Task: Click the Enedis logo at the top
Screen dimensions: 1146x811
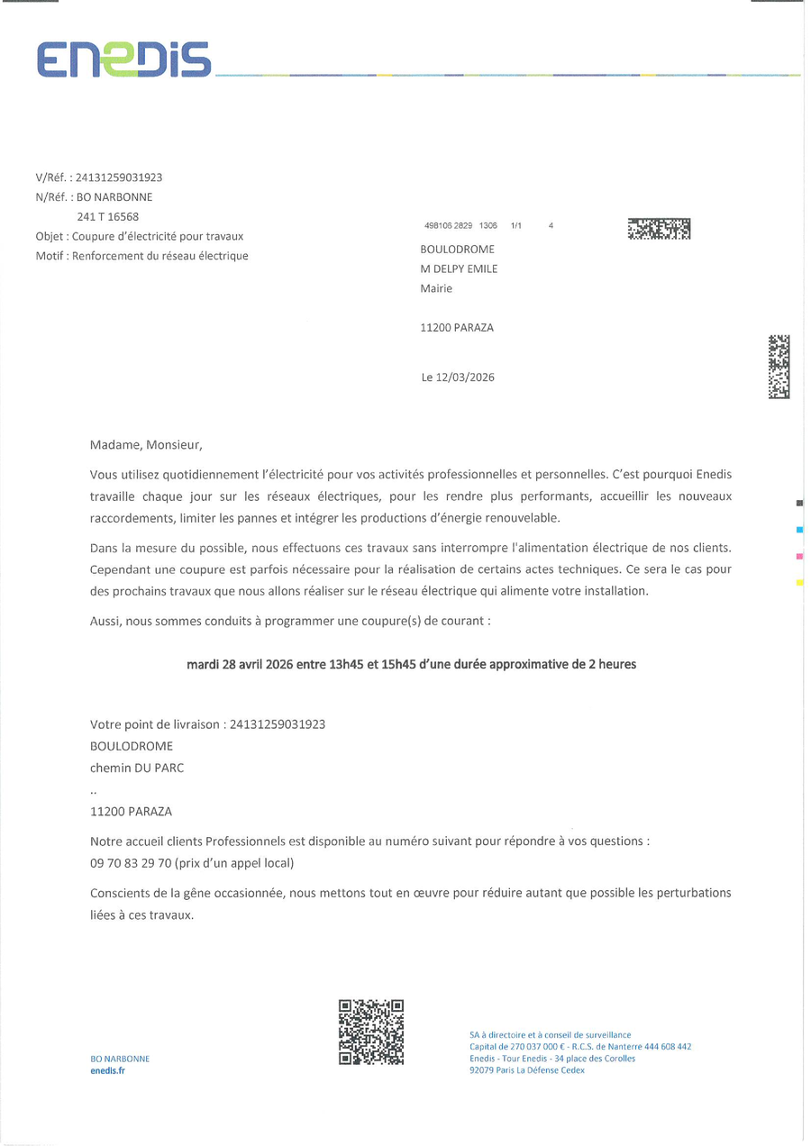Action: coord(123,59)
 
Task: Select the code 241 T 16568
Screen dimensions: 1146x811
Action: coord(108,216)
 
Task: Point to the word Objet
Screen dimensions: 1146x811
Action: coord(50,236)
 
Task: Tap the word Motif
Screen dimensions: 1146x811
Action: coord(51,256)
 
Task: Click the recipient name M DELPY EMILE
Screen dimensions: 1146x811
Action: coord(459,268)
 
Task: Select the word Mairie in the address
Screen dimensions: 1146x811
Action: coord(436,288)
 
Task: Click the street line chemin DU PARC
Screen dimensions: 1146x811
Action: coord(137,769)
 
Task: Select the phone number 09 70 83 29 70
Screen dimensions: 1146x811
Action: coord(130,863)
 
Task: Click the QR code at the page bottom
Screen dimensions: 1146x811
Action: coord(370,1032)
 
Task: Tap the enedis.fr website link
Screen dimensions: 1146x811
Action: coord(108,1070)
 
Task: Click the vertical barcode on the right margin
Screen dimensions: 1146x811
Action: coord(779,367)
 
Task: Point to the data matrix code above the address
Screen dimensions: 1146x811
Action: coord(659,229)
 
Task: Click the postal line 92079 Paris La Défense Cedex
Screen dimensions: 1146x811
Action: coord(527,1070)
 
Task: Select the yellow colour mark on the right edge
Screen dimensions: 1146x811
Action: coord(799,584)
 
